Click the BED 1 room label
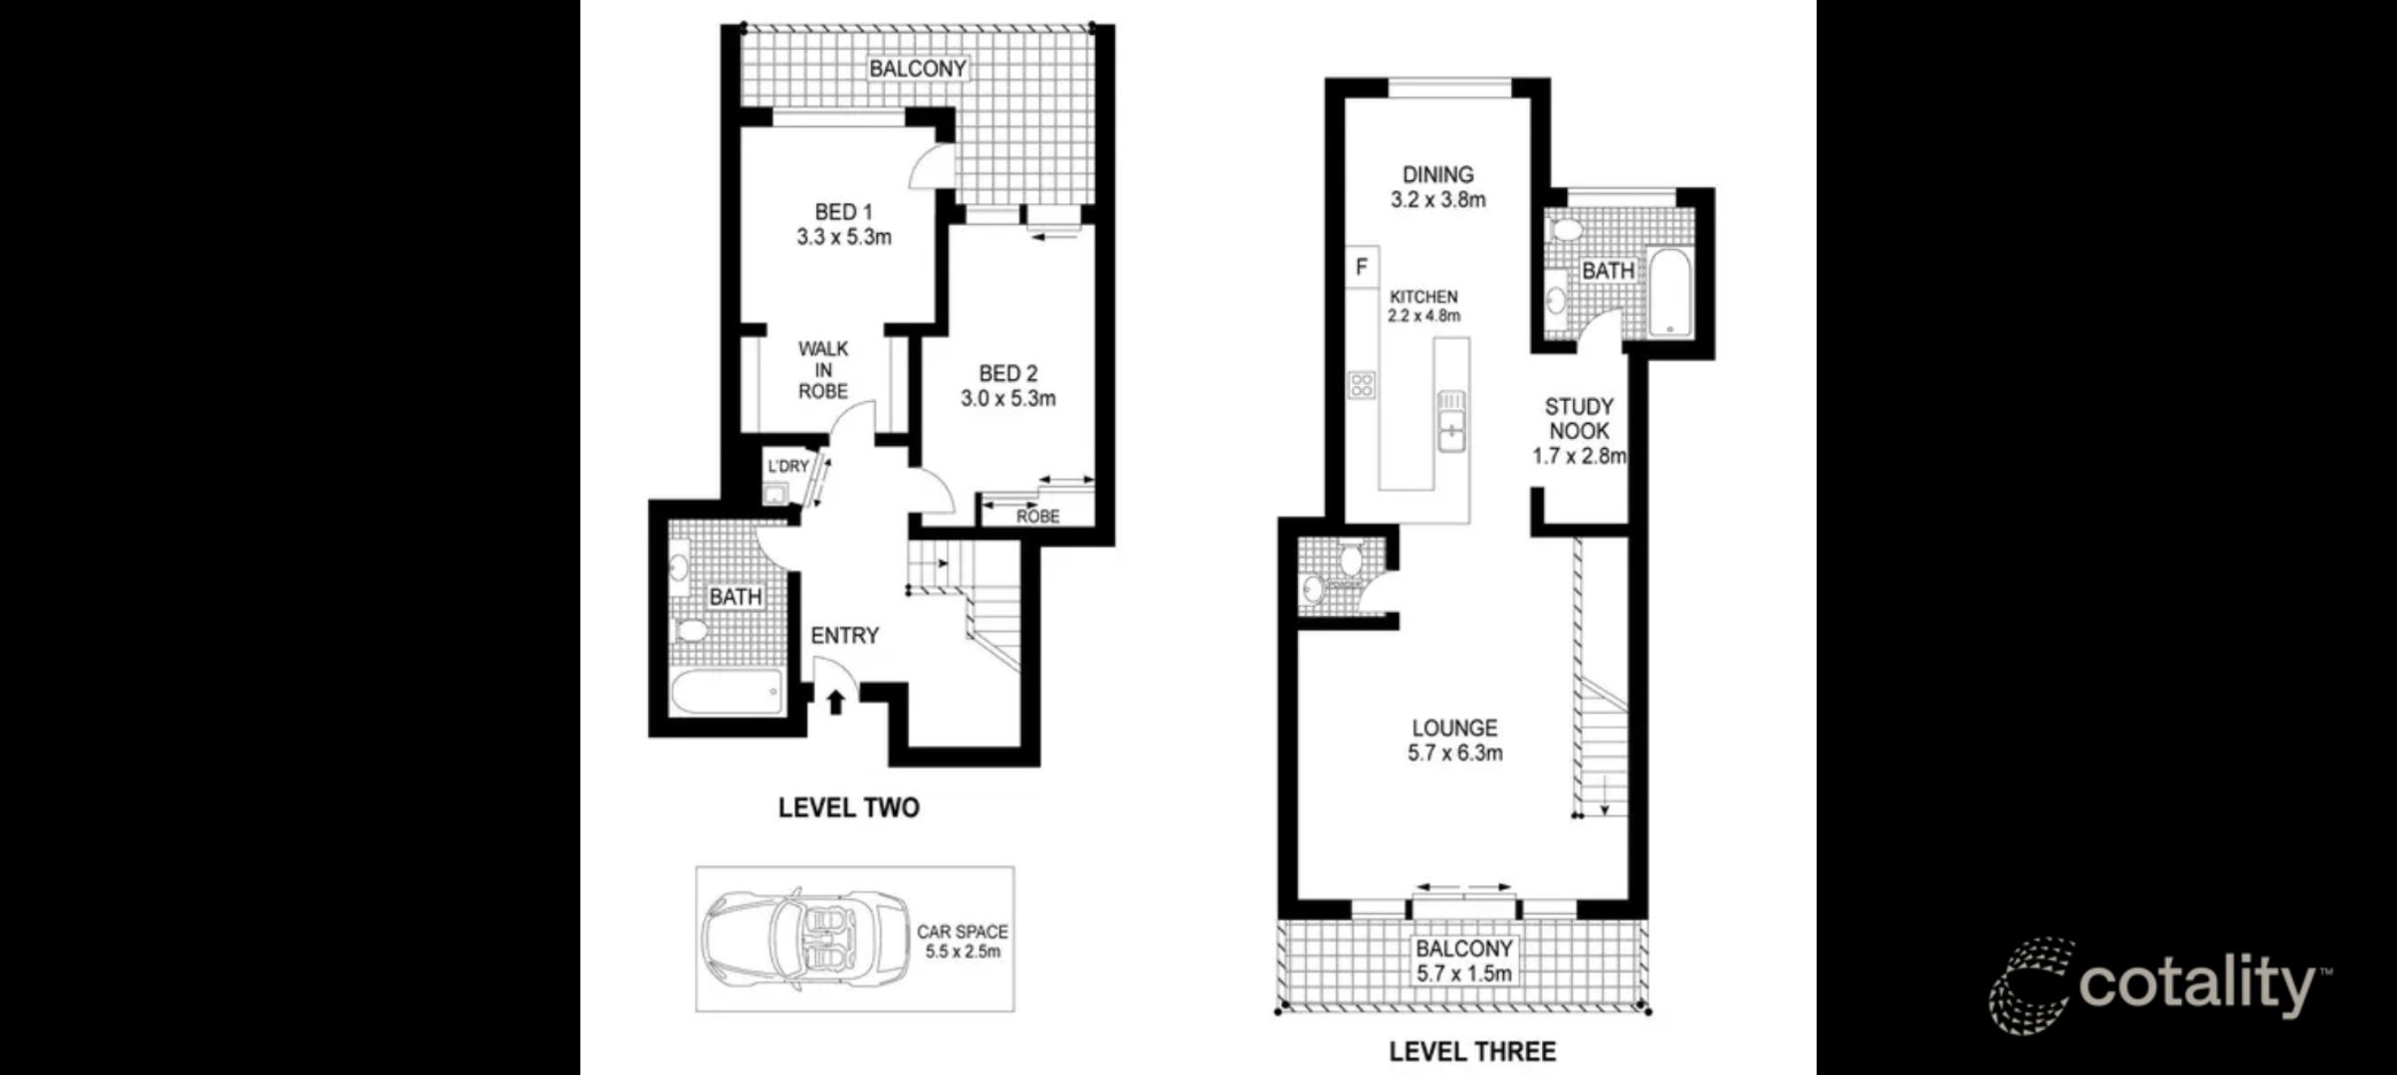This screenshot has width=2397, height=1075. [x=842, y=212]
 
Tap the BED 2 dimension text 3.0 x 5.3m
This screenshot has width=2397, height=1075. [x=1007, y=399]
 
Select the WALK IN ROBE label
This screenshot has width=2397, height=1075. [x=823, y=370]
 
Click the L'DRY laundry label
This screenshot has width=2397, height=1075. [x=787, y=466]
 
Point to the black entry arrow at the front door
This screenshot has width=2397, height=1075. [x=836, y=703]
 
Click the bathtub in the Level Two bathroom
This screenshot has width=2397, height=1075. [x=726, y=692]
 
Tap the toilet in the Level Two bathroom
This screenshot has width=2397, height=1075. [x=690, y=630]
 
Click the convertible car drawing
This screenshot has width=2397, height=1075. [x=804, y=941]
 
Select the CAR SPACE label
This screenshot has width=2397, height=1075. [x=962, y=932]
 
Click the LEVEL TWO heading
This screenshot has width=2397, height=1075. [x=848, y=808]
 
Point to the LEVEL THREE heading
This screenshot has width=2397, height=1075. [x=1471, y=1051]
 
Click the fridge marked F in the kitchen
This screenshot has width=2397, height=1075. [x=1361, y=267]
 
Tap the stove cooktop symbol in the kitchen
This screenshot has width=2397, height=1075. [x=1361, y=384]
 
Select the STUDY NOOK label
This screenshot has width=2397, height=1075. [x=1579, y=419]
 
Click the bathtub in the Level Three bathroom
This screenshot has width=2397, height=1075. [x=1668, y=293]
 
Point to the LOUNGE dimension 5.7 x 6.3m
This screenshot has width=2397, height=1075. [x=1454, y=753]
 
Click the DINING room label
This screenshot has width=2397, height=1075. [x=1437, y=174]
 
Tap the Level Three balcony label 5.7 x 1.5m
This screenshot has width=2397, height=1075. [x=1464, y=973]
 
